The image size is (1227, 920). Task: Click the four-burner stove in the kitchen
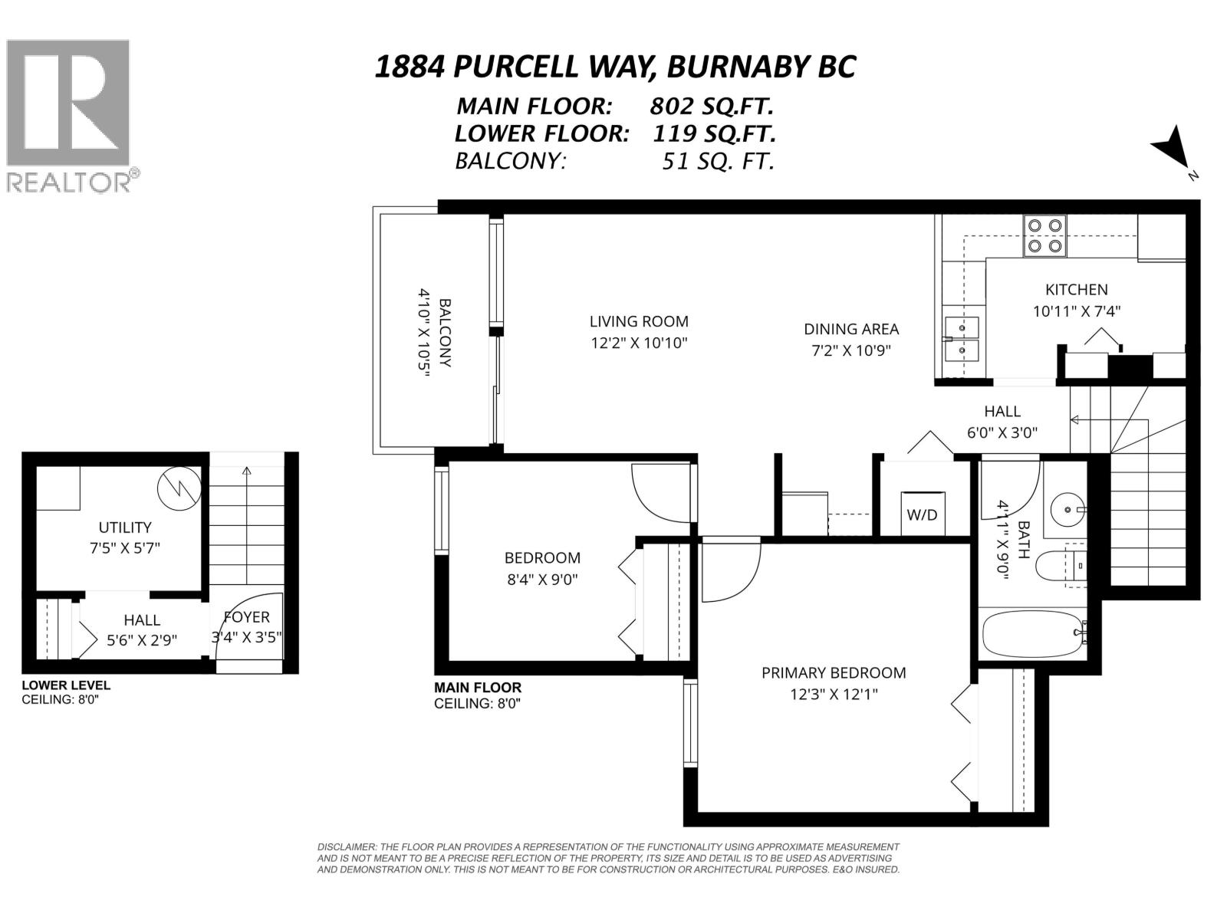click(x=1045, y=235)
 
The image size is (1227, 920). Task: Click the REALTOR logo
click(x=68, y=115)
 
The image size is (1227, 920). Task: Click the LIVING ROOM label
click(x=639, y=321)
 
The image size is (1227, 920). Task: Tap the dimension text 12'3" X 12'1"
click(x=834, y=695)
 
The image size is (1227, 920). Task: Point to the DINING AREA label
click(x=850, y=329)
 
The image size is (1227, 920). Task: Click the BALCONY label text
click(x=445, y=333)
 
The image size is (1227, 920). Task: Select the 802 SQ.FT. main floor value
click(x=711, y=105)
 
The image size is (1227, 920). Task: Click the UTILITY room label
click(x=124, y=527)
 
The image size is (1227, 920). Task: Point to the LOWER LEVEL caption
click(x=66, y=685)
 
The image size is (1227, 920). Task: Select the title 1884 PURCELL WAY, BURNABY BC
click(x=614, y=67)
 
